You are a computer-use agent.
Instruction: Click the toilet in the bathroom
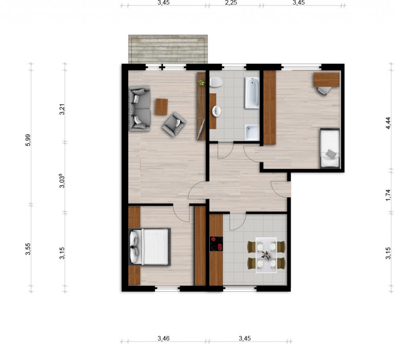click(x=216, y=82)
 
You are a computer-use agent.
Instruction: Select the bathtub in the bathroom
click(x=252, y=93)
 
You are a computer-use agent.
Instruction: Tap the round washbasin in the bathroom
click(x=216, y=111)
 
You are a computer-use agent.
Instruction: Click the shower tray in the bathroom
click(x=252, y=133)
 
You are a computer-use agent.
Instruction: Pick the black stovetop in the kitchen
click(x=216, y=244)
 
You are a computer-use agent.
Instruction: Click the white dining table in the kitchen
click(x=266, y=255)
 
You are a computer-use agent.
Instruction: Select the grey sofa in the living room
click(x=140, y=109)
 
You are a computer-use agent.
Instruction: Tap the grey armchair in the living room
click(x=174, y=124)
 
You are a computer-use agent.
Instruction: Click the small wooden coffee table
click(x=162, y=107)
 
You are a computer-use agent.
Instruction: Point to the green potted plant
click(x=201, y=83)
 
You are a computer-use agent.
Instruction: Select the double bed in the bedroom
click(x=149, y=247)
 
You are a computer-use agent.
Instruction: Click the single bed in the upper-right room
click(x=330, y=148)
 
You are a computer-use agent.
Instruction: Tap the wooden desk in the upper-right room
click(x=326, y=79)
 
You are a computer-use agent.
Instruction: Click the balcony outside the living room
click(x=168, y=49)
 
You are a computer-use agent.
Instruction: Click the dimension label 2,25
click(x=231, y=3)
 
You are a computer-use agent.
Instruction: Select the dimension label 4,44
click(x=388, y=124)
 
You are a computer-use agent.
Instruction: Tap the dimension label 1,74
click(x=388, y=195)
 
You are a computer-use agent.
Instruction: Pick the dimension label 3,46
click(x=164, y=338)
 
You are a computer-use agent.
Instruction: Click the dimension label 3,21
click(x=62, y=109)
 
